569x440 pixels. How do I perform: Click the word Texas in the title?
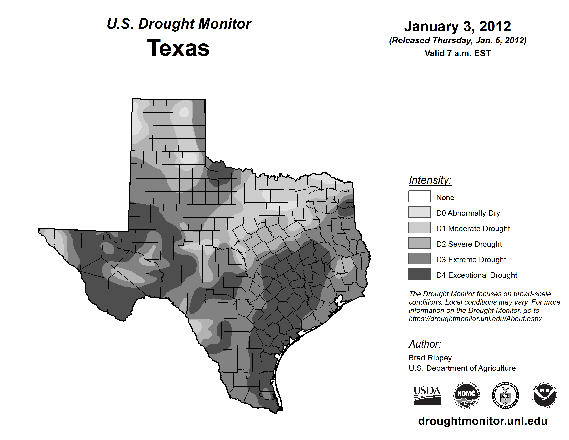click(x=178, y=48)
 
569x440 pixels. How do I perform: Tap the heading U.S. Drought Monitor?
click(x=179, y=24)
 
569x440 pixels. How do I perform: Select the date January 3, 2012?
click(x=457, y=26)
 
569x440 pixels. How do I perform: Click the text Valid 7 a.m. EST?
click(x=457, y=53)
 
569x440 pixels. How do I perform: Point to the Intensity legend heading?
click(x=430, y=180)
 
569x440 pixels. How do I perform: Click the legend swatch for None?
click(x=420, y=196)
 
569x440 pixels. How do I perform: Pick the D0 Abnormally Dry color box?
click(x=420, y=212)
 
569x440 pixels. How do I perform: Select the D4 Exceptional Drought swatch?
click(x=420, y=274)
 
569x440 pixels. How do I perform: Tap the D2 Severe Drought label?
click(x=469, y=244)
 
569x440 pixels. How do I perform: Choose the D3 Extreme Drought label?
click(x=471, y=260)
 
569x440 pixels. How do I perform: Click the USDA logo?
click(x=427, y=395)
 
